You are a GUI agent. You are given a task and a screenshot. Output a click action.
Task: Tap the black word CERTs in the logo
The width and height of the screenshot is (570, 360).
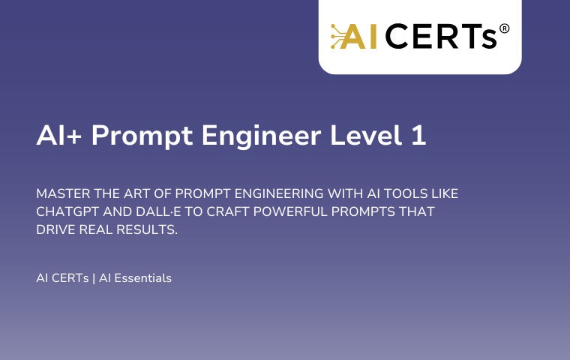(x=440, y=36)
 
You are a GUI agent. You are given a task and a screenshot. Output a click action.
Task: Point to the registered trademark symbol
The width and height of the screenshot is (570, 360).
(x=504, y=28)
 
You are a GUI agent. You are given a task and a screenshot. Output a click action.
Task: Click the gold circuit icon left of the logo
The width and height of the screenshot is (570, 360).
(x=337, y=36)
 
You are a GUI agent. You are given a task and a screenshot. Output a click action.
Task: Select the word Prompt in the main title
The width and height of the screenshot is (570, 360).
(x=142, y=136)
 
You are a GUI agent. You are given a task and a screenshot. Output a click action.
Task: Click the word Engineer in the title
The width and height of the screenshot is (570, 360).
(x=261, y=136)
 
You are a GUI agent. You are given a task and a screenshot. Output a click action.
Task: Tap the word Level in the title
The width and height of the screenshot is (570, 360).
(x=366, y=135)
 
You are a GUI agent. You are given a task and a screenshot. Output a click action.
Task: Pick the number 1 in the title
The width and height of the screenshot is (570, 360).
(x=418, y=135)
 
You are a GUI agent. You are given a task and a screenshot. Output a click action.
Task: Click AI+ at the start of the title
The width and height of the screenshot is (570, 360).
(x=59, y=135)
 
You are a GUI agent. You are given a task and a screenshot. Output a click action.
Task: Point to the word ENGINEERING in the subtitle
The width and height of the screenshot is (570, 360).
(x=279, y=193)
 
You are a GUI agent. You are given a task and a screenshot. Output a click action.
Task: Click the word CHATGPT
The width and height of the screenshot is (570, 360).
(x=67, y=211)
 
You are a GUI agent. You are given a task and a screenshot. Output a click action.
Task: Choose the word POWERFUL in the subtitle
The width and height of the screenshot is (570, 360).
(x=290, y=211)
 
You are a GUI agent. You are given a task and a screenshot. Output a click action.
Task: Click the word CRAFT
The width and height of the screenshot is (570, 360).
(x=228, y=211)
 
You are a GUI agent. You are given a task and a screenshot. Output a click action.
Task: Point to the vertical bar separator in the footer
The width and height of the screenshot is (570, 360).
(x=94, y=278)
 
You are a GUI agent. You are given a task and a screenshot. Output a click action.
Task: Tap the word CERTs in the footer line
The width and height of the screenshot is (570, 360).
(x=70, y=278)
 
